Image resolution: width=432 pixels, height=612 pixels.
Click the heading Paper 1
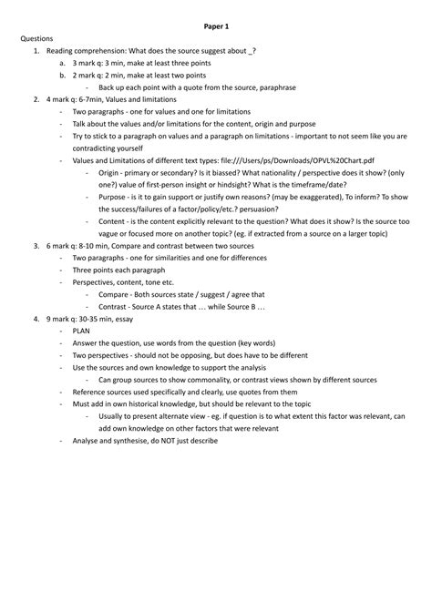pyautogui.click(x=216, y=27)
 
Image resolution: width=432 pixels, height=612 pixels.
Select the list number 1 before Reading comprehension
pyautogui.click(x=35, y=52)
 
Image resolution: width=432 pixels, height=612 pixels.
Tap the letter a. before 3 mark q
pyautogui.click(x=60, y=64)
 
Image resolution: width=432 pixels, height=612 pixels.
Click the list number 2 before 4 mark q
pyautogui.click(x=35, y=99)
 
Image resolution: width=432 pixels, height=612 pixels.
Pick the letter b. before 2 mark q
pyautogui.click(x=60, y=76)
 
